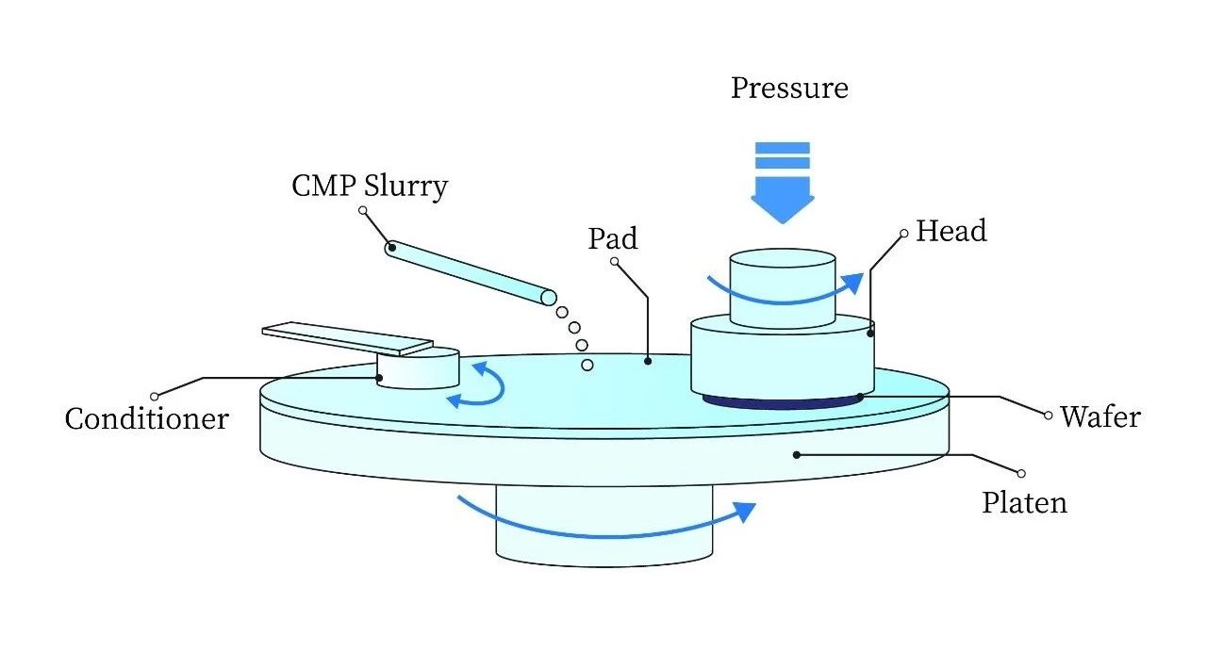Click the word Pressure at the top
(789, 89)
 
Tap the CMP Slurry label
(369, 185)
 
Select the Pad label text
(613, 237)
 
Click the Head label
(951, 231)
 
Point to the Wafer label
(1100, 416)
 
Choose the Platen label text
(1024, 502)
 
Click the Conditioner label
(146, 418)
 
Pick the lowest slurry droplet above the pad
(587, 365)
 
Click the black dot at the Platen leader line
(797, 454)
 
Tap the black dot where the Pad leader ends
(649, 359)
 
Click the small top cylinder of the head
(782, 273)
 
